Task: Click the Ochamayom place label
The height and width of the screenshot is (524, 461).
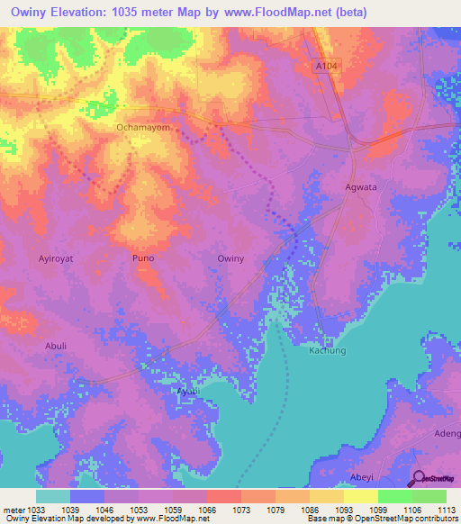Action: [x=142, y=128]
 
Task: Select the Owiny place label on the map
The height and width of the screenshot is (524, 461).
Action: [x=231, y=258]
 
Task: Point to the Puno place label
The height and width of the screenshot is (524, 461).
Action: [x=143, y=258]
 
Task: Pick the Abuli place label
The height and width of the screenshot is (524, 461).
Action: [x=56, y=345]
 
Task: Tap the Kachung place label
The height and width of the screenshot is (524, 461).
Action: [x=328, y=350]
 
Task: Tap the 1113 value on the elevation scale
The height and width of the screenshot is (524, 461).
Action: [x=447, y=509]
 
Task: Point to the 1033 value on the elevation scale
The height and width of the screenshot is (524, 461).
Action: [x=35, y=509]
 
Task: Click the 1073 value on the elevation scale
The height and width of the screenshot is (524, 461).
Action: [x=242, y=509]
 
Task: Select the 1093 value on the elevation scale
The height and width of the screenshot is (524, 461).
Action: [x=345, y=509]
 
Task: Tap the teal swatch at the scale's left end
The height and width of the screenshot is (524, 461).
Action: [x=53, y=496]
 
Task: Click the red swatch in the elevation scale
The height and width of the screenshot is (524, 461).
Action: [x=224, y=496]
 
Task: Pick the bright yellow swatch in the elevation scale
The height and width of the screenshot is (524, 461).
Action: [x=361, y=496]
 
